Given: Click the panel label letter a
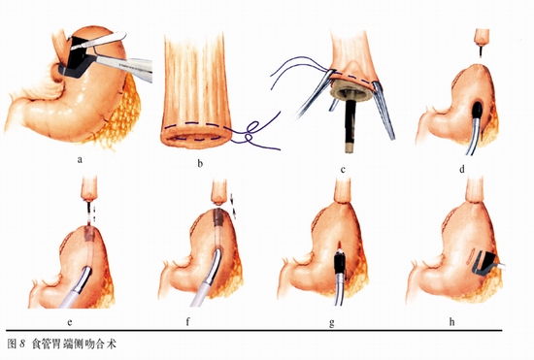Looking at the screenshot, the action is (80, 159).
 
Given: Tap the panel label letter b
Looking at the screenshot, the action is (200, 164).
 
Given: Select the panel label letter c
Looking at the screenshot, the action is (343, 169).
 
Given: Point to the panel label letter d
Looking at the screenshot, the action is (461, 169).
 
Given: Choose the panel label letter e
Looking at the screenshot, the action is (70, 322).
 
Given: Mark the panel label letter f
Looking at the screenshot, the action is (187, 321).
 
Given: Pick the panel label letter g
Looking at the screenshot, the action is (331, 323).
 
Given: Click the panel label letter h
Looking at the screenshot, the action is (451, 321).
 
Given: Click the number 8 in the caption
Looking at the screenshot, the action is (22, 344).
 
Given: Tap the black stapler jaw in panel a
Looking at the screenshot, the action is (78, 57).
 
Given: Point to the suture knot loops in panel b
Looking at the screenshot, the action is (250, 133).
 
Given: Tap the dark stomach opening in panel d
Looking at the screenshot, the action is (477, 109).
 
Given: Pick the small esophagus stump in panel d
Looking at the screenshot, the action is (482, 38).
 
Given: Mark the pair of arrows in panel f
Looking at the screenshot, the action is (233, 204).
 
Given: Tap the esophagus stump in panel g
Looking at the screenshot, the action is (344, 191).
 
